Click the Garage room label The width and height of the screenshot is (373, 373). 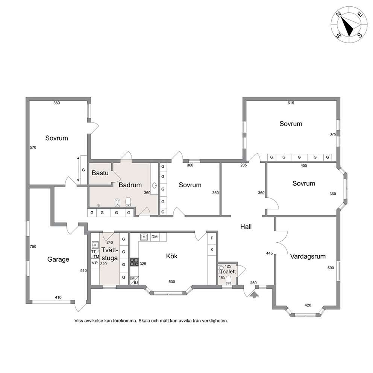[x=58, y=259]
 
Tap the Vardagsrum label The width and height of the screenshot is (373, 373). [x=308, y=256]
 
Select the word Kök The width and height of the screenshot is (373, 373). [x=172, y=256]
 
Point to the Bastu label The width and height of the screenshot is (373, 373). [x=100, y=173]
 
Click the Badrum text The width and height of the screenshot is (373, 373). [x=130, y=185]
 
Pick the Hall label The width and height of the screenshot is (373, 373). [x=246, y=226]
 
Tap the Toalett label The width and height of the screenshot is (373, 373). [x=228, y=271]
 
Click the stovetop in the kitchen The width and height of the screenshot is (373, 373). [x=134, y=262]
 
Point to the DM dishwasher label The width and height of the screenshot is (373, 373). [x=155, y=237]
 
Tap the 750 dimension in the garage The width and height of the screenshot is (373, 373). [x=33, y=246]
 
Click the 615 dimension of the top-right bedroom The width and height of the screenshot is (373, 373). [x=291, y=103]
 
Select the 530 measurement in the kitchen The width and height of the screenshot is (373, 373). [x=172, y=282]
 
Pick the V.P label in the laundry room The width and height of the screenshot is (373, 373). [x=95, y=263]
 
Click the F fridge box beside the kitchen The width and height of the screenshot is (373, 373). [x=212, y=238]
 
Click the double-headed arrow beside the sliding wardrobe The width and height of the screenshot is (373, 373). [x=78, y=169]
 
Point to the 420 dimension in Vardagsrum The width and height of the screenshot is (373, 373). [x=308, y=305]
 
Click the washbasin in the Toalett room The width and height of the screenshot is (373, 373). [x=221, y=269]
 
